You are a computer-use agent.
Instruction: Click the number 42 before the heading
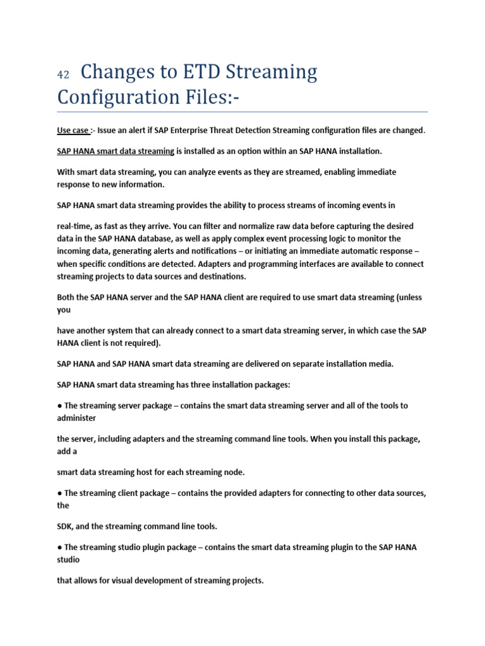(63, 74)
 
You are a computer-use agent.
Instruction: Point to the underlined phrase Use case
(73, 131)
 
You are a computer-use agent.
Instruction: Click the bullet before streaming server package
(59, 406)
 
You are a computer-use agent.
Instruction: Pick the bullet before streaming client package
(59, 493)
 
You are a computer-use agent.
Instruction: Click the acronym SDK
(65, 526)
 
